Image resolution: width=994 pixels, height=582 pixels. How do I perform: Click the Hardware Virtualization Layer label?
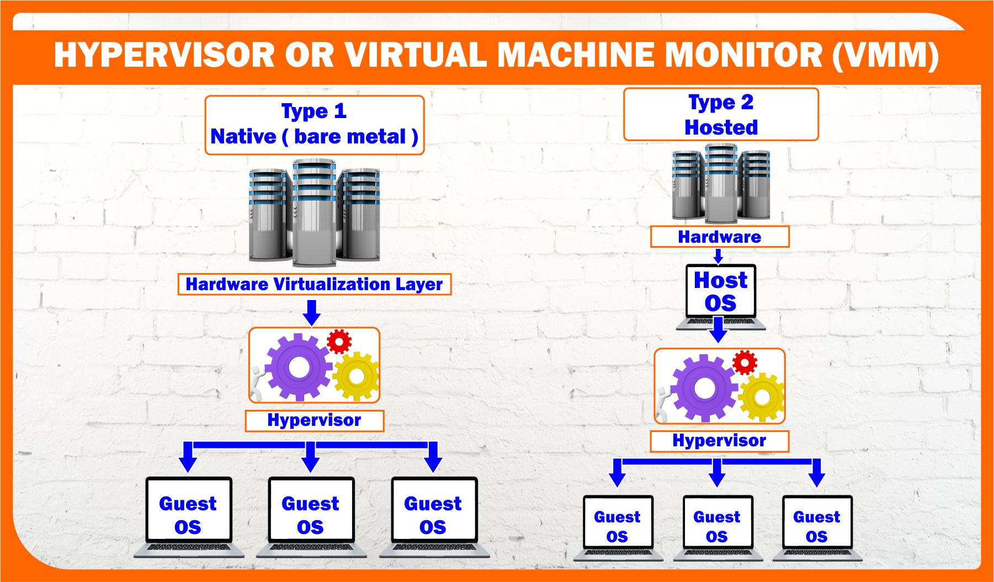coord(314,284)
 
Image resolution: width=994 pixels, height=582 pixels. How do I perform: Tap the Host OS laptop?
coord(720,295)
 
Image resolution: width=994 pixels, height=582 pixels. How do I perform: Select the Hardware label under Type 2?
coord(720,237)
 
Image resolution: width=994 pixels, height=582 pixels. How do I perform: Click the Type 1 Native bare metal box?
coord(314,125)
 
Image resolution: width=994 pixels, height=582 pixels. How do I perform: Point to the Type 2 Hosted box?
coord(721,114)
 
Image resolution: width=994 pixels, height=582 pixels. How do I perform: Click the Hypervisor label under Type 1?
coord(314,420)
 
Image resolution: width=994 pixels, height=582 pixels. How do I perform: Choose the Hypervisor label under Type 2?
coord(719,441)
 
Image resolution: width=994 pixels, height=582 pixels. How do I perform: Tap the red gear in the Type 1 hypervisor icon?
coord(339,341)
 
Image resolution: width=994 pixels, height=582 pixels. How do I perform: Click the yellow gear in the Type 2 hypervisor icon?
coord(762,396)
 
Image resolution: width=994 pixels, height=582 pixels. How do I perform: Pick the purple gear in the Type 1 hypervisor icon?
coord(298,367)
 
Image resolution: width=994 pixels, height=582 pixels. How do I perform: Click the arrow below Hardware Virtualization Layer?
coord(312,312)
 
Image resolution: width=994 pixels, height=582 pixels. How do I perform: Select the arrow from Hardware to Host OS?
coord(718,256)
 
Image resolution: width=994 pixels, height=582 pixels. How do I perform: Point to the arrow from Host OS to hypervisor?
coord(718,330)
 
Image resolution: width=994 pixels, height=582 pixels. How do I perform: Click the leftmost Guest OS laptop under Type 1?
coord(188,516)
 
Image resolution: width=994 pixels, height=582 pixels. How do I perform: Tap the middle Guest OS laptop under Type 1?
coord(311,516)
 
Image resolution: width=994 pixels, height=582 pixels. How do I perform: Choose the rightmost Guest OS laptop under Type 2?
coord(817,527)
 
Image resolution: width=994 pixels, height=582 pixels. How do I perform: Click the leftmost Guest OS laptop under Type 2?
coord(618,527)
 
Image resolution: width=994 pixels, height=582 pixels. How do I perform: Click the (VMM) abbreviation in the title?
coord(885,55)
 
